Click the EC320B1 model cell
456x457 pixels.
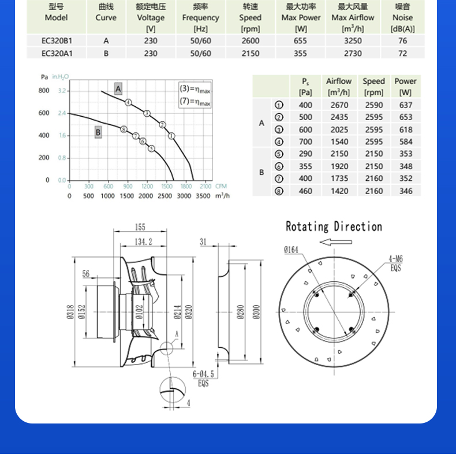pos(57,40)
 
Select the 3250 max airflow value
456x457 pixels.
pos(353,40)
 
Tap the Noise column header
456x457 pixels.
pos(402,17)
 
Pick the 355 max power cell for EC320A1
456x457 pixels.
pos(300,53)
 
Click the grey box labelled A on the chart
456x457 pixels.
pos(118,88)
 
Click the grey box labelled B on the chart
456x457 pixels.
pos(98,133)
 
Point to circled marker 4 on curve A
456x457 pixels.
pos(128,102)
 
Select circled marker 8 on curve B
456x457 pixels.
pos(124,129)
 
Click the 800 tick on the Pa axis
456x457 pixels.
pos(44,91)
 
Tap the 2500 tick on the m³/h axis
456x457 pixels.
pos(165,196)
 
